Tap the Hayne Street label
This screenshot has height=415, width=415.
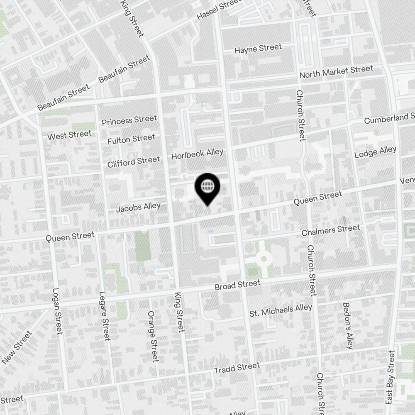pos(258,49)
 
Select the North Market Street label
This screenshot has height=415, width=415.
pos(336,72)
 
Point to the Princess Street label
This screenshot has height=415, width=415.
pos(129,120)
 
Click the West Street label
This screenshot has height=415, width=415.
pos(69,135)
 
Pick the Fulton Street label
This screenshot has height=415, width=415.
pos(131,139)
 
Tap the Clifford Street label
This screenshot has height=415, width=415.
pos(133,161)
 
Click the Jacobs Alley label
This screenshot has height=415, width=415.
pos(138,207)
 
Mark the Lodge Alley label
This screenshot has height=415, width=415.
pos(375,152)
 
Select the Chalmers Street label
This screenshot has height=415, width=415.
pos(330,230)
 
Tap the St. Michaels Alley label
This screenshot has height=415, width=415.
pos(281,310)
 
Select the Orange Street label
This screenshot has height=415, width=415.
pos(153,336)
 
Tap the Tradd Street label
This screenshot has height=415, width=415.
pos(237,368)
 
